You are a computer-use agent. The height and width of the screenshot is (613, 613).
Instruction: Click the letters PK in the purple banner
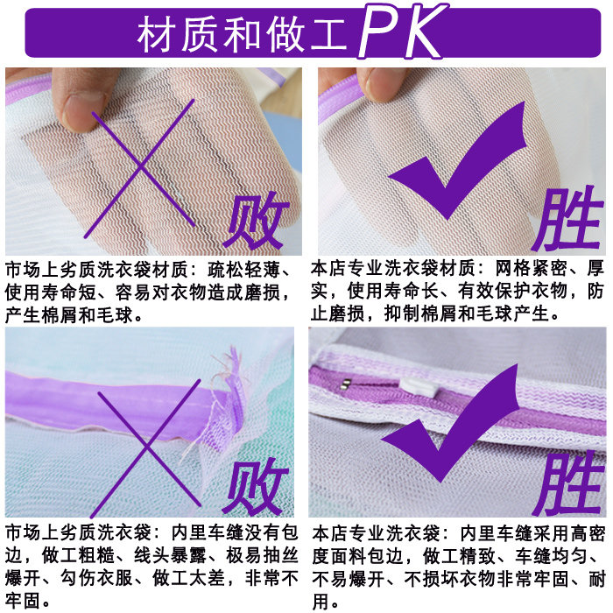pos(404,32)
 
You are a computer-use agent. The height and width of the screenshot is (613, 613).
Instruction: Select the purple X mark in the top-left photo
pos(140,169)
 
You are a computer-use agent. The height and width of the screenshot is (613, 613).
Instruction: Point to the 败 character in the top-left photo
pos(257,221)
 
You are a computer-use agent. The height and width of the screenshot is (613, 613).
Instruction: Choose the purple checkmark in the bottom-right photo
pos(450,423)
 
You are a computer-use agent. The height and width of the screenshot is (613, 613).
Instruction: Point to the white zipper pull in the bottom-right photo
pos(419,387)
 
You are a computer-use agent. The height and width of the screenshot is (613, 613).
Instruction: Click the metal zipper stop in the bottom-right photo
pos(345,383)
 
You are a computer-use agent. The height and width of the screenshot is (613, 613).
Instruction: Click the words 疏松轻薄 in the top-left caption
pos(244,270)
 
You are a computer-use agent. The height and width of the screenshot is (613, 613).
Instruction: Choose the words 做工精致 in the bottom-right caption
pos(459,557)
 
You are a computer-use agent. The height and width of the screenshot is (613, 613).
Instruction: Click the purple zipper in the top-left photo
pos(27,91)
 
